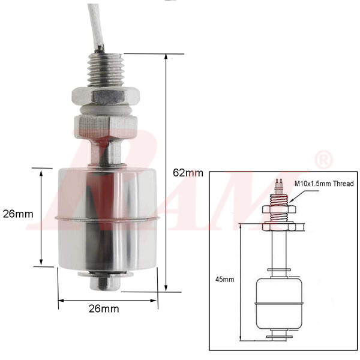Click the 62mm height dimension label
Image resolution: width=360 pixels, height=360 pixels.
188,173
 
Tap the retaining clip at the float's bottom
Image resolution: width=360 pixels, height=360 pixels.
106,281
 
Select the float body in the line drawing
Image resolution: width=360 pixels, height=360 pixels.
277,303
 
